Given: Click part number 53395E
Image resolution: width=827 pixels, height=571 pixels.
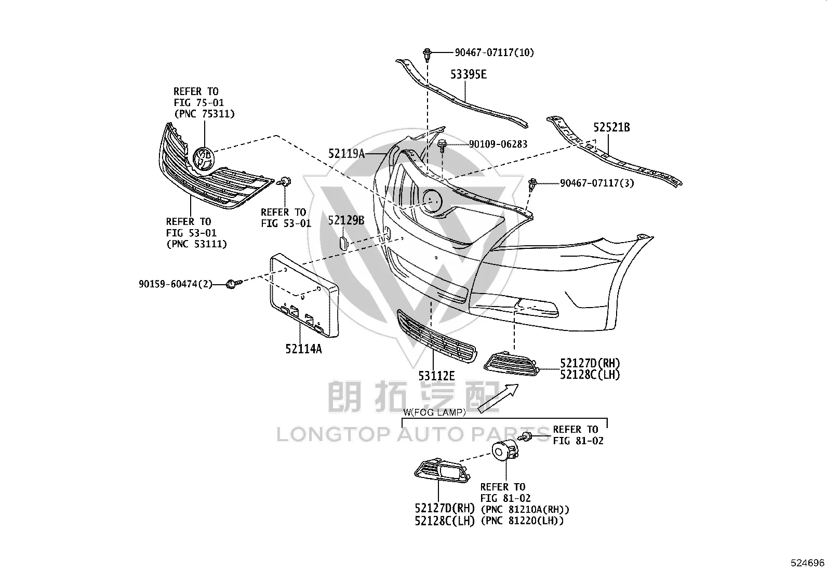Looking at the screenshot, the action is click(469, 74).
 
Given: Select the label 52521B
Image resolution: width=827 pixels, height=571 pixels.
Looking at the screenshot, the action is click(611, 127).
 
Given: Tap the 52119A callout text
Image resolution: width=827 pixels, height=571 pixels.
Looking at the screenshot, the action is click(346, 153).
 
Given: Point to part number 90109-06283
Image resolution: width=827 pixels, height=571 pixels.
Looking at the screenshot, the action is click(498, 144).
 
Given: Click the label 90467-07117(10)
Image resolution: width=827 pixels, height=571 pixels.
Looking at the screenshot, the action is click(495, 52).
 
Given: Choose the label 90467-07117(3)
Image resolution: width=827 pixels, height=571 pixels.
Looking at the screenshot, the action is click(597, 183).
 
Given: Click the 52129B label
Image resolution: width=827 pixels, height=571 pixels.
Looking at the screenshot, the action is click(346, 220).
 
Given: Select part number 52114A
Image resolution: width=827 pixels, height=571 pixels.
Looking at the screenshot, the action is click(303, 349).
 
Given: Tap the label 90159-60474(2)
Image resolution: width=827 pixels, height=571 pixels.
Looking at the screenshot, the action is click(176, 284).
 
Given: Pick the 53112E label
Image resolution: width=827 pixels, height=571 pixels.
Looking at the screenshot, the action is click(436, 376).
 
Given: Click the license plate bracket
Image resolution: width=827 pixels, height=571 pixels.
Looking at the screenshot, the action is click(304, 295).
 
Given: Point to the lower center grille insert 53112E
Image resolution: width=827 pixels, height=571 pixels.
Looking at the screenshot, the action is click(437, 336).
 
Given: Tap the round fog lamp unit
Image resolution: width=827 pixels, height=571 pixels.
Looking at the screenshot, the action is click(505, 452).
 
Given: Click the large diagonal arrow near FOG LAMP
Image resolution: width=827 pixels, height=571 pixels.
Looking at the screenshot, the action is click(498, 398).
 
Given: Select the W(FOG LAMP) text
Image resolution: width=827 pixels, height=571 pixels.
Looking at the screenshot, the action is click(434, 412).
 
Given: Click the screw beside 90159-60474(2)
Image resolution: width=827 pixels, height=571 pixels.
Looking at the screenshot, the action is click(233, 284).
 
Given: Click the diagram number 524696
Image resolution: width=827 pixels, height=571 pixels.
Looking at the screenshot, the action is click(807, 563).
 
